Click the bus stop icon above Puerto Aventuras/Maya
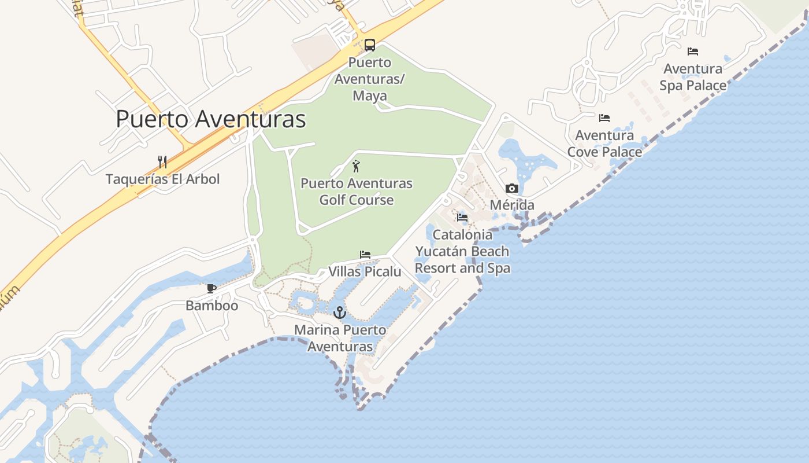[369, 45]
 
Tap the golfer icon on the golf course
[356, 166]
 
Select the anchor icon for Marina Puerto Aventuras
[339, 313]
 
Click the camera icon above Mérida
[511, 189]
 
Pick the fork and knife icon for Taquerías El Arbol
[162, 162]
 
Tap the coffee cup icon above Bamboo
[211, 288]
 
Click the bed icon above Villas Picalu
[365, 255]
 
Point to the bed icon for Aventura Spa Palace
[693, 52]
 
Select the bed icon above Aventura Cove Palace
[604, 118]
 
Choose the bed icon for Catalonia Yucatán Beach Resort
[462, 218]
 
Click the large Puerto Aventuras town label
[211, 119]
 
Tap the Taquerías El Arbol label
[163, 179]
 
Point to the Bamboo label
[211, 305]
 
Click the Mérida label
[512, 205]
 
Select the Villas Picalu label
[365, 271]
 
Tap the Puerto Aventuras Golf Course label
[357, 192]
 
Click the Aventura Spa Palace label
[693, 77]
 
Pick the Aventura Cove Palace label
[604, 144]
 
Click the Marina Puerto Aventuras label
[340, 338]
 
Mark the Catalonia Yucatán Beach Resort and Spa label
[462, 251]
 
